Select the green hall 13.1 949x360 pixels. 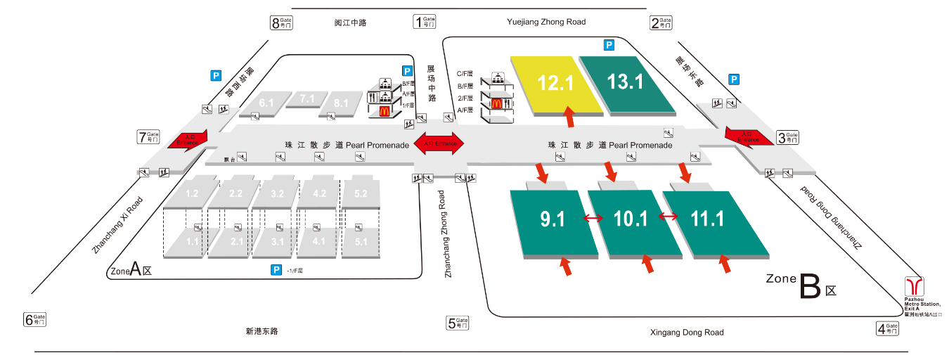pyautogui.click(x=626, y=83)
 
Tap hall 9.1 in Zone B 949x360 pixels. pyautogui.click(x=553, y=220)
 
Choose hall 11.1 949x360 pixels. pyautogui.click(x=708, y=219)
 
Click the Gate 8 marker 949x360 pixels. pyautogui.click(x=281, y=22)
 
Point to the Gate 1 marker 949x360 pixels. pyautogui.click(x=425, y=22)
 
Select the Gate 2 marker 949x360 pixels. pyautogui.click(x=661, y=23)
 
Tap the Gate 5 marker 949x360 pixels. pyautogui.click(x=457, y=323)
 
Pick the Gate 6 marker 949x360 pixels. pyautogui.click(x=35, y=320)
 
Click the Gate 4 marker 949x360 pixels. pyautogui.click(x=888, y=328)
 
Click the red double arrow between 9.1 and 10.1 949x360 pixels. pyautogui.click(x=593, y=219)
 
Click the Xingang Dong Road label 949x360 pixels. pyautogui.click(x=687, y=333)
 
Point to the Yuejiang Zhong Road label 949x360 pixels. pyautogui.click(x=546, y=22)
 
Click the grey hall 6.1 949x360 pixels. pyautogui.click(x=266, y=103)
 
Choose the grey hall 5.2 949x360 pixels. pyautogui.click(x=361, y=193)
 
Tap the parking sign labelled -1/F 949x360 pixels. pyautogui.click(x=276, y=269)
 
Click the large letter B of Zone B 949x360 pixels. pyautogui.click(x=810, y=287)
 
